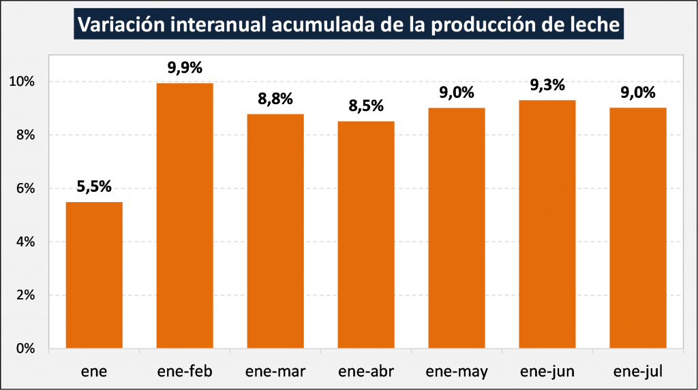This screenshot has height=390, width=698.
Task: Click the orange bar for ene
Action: [94, 275]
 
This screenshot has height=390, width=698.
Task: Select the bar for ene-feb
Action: [185, 215]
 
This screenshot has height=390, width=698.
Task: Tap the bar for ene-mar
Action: [275, 231]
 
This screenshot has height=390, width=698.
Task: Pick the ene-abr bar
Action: [366, 235]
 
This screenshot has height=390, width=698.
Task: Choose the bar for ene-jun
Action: [547, 224]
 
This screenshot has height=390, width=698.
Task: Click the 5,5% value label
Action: [94, 186]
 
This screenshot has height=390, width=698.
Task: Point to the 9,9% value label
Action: [185, 67]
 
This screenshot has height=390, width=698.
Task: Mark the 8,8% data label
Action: [275, 99]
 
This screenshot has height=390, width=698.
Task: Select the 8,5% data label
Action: [366, 106]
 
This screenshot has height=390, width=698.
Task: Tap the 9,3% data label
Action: [547, 85]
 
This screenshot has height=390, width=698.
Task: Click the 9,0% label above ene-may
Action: [457, 93]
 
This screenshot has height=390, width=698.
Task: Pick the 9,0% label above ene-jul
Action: [638, 93]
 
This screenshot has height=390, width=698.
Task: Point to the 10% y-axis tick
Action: [22, 82]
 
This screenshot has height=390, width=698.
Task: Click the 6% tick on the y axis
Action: [25, 189]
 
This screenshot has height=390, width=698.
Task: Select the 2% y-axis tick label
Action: [25, 295]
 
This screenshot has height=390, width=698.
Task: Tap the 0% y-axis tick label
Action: [25, 348]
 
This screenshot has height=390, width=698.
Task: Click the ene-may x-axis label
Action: [457, 371]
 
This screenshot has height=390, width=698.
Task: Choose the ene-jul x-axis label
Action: [638, 371]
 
